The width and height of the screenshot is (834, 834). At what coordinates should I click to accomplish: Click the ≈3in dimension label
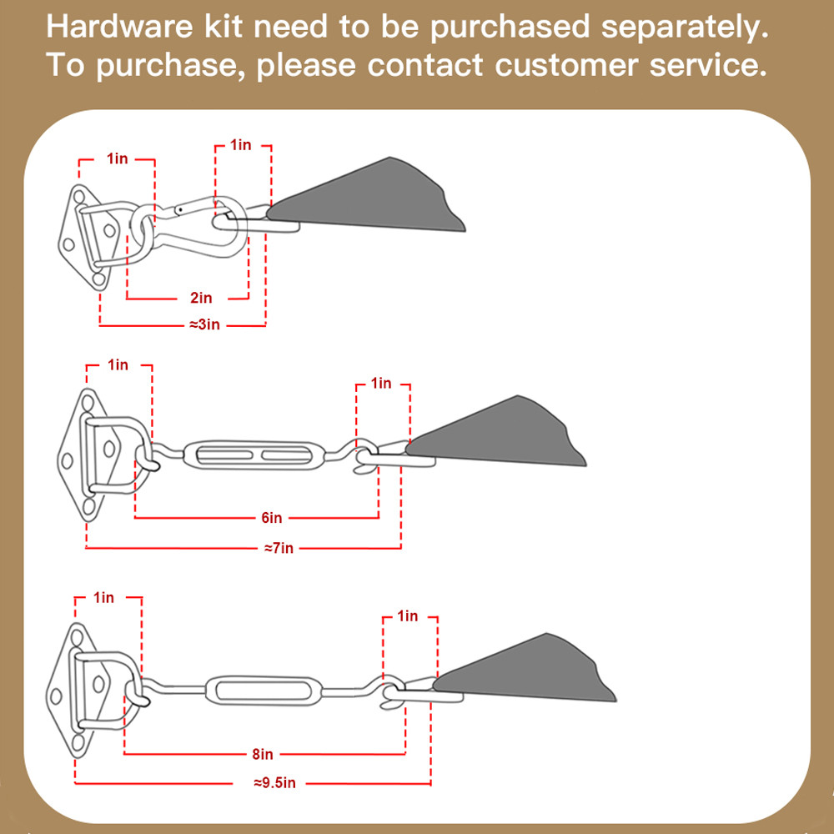coord(203,324)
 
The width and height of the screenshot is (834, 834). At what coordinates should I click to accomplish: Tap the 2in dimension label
coord(201,298)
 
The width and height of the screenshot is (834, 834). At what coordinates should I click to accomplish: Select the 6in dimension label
coord(272,518)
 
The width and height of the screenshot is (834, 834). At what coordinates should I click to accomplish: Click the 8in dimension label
coord(262,755)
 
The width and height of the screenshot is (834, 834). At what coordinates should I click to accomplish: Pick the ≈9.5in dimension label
coord(274,783)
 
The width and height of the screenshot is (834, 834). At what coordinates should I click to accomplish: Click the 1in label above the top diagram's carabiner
coord(241,145)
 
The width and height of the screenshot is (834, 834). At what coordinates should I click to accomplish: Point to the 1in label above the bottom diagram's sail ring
coord(408,616)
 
